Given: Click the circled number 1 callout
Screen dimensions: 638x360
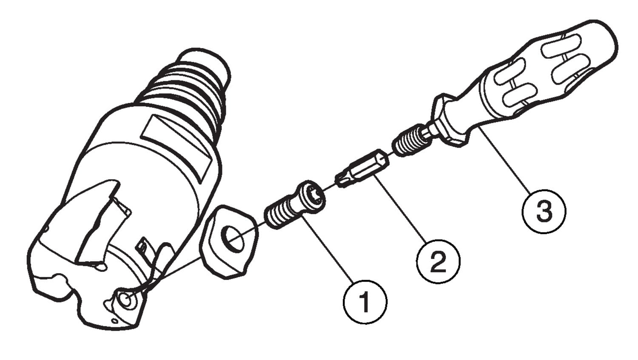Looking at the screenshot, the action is tap(365, 302).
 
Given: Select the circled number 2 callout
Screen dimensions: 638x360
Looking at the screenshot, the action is tap(439, 261).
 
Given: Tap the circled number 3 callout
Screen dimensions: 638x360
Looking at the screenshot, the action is tap(544, 211).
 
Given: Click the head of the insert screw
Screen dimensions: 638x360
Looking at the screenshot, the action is tap(311, 195).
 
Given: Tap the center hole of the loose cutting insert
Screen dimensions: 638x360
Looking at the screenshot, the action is tap(233, 239).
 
